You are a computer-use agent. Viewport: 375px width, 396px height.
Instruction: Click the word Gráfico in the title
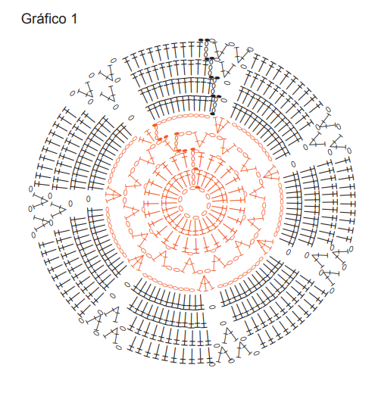point(43,19)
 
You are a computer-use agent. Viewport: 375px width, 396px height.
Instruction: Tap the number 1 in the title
point(74,19)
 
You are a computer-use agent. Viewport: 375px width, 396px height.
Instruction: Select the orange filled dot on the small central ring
point(198,187)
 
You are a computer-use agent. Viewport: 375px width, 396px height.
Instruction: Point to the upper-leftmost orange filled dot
point(155,125)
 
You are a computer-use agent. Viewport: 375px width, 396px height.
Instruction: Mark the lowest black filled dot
point(213,114)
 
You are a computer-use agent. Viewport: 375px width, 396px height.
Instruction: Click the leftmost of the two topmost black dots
point(201,40)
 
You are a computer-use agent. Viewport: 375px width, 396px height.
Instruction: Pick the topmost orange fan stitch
point(222,124)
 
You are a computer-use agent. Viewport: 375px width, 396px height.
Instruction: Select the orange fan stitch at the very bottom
point(205,283)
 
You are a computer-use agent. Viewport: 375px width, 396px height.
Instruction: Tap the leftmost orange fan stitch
point(113,195)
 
